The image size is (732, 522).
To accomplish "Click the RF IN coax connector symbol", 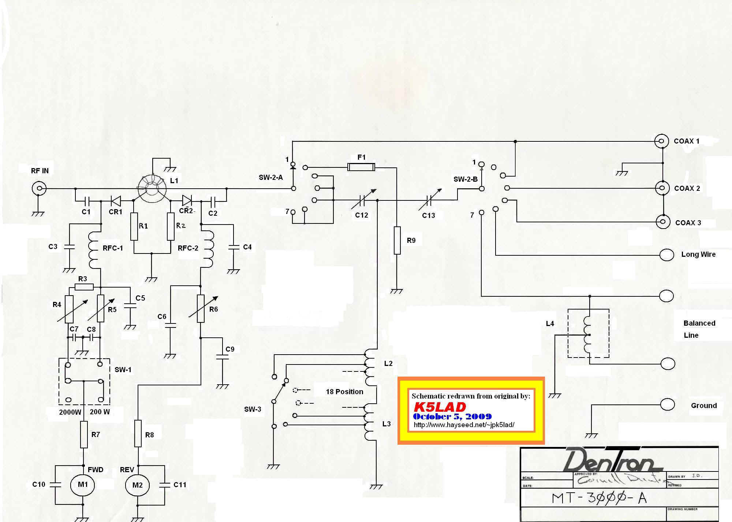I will coord(39,189).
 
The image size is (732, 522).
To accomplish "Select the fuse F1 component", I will coord(361,167).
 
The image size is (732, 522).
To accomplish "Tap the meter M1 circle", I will coord(83,485).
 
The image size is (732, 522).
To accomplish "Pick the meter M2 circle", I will coord(137,485).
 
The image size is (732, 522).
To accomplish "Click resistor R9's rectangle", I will coord(397,240).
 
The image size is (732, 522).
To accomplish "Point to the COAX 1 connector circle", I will coord(662,141).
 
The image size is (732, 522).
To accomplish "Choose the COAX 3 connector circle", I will coord(663,222).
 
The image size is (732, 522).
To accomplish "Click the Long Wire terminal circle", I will coord(666,255).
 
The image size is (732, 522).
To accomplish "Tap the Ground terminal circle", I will coord(667,404).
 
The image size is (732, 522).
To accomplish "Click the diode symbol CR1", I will coord(116,200).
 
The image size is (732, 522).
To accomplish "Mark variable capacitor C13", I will coord(430,200).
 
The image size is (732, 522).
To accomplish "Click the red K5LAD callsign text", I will coord(440,407).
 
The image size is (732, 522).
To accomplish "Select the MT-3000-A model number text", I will coord(599,498).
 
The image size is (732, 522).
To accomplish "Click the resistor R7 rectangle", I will coord(84,434).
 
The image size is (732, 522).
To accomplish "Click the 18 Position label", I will coord(344,392).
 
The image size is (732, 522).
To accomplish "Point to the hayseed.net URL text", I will coord(464,425).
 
